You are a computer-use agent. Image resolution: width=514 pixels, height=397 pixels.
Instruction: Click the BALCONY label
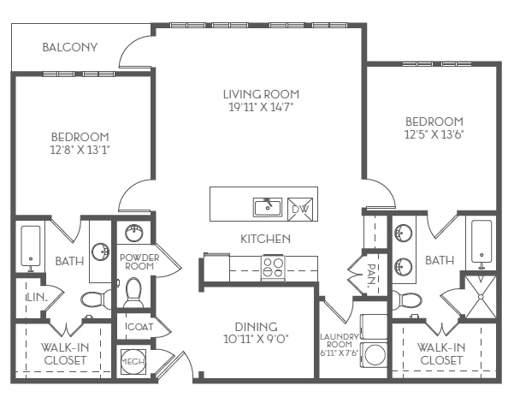coord(70,47)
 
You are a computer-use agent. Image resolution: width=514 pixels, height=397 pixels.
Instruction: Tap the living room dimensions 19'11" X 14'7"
coord(261,107)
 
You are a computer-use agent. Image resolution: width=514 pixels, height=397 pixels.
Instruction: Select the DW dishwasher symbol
coord(300,209)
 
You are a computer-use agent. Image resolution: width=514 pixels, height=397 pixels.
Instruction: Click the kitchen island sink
coord(268,207)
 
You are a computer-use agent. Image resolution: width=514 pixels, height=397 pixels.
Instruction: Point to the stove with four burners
coord(273,268)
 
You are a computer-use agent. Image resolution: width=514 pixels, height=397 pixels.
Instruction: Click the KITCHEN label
coord(265,239)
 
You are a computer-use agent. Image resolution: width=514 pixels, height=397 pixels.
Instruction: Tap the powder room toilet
coord(133,293)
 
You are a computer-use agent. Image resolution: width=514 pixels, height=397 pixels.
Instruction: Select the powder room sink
coord(134,233)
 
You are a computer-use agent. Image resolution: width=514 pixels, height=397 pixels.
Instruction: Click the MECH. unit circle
coord(133,362)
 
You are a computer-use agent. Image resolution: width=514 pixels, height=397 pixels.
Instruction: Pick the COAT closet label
coord(140,327)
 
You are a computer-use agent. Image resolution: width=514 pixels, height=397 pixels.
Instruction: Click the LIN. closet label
coord(37,298)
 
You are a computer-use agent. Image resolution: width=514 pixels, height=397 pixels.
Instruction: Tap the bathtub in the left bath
coord(31,246)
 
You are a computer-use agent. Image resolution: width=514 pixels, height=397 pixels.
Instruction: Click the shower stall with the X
coord(481,297)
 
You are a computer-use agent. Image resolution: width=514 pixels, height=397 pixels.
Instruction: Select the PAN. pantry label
coord(371,276)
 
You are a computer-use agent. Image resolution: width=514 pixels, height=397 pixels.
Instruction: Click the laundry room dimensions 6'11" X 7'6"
coord(340,353)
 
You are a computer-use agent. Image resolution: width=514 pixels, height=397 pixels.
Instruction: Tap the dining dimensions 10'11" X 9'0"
coord(256,339)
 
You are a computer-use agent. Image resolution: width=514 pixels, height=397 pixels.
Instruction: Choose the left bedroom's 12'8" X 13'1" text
coord(80,150)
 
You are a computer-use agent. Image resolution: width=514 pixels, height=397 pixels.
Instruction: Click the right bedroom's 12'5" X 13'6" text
coord(434,134)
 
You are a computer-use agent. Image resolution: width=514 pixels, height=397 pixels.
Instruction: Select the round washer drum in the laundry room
coord(375,355)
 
